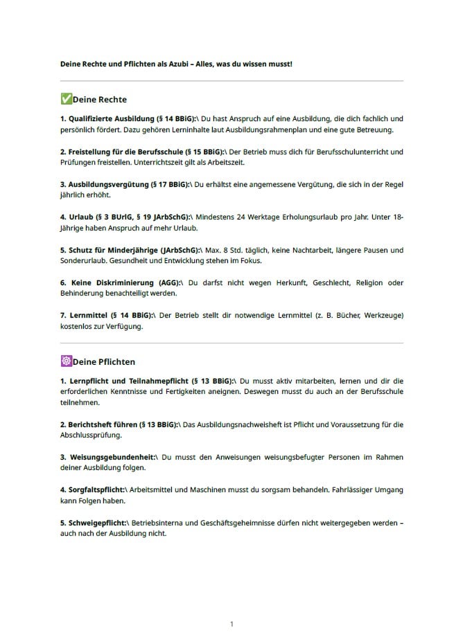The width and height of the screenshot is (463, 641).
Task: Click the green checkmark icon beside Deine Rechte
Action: (66, 99)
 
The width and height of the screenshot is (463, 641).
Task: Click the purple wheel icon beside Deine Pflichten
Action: (66, 361)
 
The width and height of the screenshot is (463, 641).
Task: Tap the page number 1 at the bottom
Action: (232, 624)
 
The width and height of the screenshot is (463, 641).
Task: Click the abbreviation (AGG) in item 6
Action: (170, 283)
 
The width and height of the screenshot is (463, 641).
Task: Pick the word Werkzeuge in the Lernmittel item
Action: (379, 316)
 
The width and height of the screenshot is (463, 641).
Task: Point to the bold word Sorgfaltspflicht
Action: (98, 490)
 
